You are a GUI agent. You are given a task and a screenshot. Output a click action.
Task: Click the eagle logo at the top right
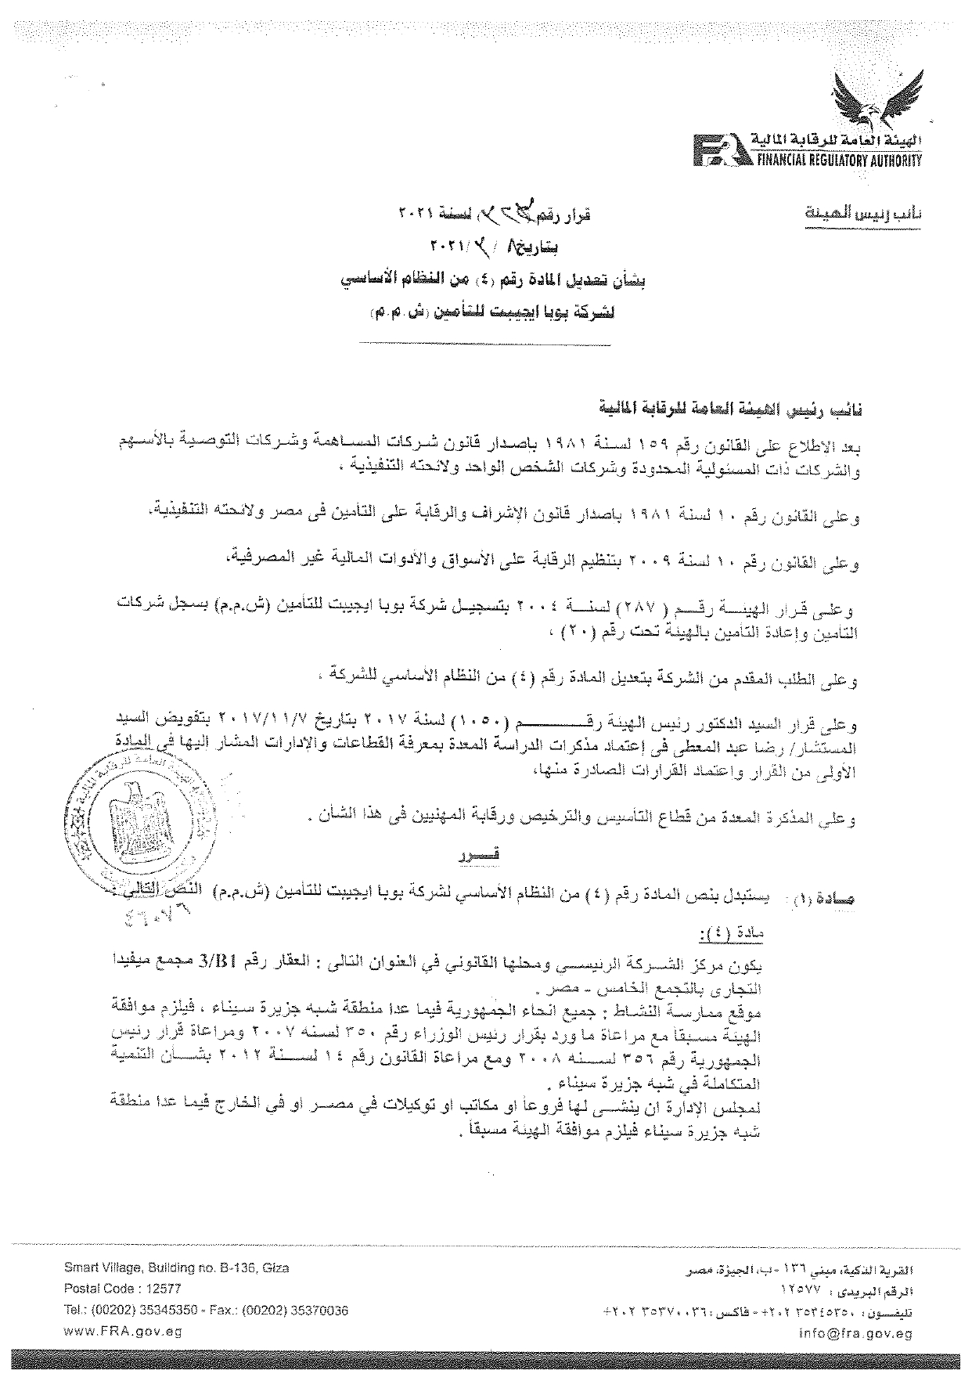(871, 99)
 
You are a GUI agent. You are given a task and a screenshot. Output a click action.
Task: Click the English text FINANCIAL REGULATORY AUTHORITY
(836, 160)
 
